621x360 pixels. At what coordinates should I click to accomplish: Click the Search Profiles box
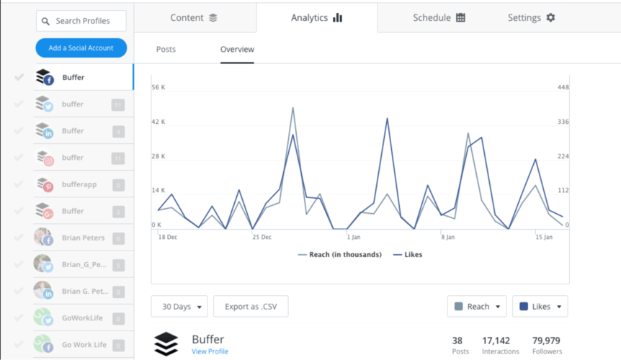click(x=81, y=21)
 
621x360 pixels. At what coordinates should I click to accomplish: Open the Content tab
click(x=194, y=17)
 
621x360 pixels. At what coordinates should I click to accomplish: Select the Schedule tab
click(x=439, y=17)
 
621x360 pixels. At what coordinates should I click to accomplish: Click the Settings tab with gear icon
click(x=531, y=17)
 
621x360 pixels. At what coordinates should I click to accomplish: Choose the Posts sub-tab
click(x=166, y=50)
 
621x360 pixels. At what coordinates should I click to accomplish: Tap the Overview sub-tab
click(x=237, y=50)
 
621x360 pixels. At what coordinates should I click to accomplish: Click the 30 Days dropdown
click(x=179, y=306)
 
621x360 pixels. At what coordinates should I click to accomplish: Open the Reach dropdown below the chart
click(x=476, y=306)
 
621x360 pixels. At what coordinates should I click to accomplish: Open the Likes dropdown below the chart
click(x=540, y=306)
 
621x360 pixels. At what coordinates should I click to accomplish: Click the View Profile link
click(x=210, y=351)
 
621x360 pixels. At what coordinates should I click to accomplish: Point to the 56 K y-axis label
click(x=158, y=88)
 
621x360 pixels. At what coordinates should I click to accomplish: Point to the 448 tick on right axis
click(x=563, y=88)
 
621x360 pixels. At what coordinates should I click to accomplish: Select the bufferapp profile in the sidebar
click(x=79, y=184)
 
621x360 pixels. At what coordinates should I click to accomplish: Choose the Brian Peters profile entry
click(x=82, y=238)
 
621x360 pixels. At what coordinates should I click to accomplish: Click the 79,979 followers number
click(x=545, y=341)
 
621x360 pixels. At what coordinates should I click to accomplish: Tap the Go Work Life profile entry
click(x=84, y=345)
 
